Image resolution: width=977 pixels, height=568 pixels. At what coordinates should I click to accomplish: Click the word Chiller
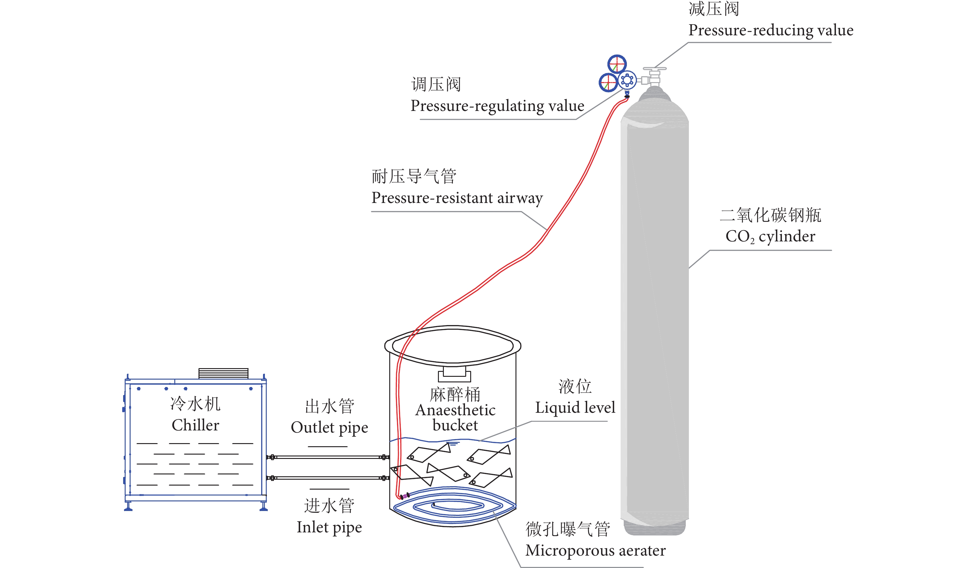[x=195, y=425]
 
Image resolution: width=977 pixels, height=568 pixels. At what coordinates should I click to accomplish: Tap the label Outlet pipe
[x=329, y=428]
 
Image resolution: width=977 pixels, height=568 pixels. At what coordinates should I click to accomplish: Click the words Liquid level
[x=575, y=407]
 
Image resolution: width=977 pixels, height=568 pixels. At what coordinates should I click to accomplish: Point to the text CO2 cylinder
[x=770, y=236]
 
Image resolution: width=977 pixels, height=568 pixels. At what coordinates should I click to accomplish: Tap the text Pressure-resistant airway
[x=457, y=198]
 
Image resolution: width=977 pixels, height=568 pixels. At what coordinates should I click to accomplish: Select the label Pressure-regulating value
[x=497, y=106]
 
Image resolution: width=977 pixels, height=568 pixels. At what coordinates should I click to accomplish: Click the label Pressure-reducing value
[x=770, y=30]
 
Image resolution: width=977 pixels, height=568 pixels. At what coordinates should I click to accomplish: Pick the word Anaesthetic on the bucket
[x=455, y=410]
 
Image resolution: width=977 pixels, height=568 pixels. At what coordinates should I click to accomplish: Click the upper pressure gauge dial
[x=617, y=64]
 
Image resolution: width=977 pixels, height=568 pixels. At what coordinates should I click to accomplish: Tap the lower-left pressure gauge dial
[x=608, y=82]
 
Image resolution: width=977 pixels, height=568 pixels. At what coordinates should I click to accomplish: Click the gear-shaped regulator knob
[x=627, y=80]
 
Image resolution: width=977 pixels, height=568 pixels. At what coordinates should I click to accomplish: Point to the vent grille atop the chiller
[x=223, y=373]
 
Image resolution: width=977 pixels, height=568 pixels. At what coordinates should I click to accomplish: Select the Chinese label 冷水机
[x=195, y=404]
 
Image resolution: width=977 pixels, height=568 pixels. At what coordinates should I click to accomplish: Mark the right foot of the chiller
[x=264, y=506]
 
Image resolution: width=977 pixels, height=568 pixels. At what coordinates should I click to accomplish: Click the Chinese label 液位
[x=575, y=386]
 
